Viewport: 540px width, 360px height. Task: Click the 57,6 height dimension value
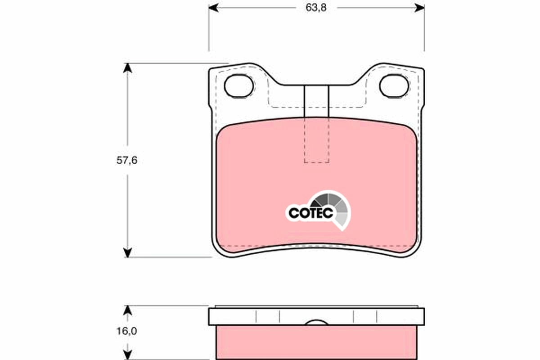click(127, 161)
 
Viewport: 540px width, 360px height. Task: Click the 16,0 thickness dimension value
click(127, 331)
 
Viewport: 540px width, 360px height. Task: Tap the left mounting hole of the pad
click(239, 85)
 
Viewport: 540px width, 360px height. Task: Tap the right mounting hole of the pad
click(394, 85)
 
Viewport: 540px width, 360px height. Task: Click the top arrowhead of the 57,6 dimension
click(128, 67)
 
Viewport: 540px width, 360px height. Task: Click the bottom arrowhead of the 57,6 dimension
click(128, 252)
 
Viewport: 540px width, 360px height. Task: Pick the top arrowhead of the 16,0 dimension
click(128, 310)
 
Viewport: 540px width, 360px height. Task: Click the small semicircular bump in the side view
click(316, 322)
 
